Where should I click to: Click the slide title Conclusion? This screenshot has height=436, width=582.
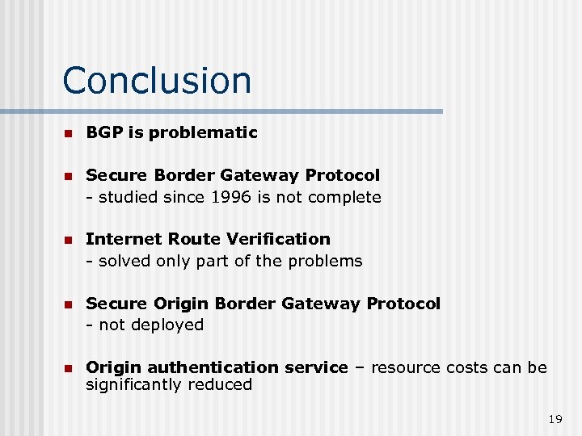[x=157, y=80]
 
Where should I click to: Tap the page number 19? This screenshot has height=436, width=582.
[x=555, y=418]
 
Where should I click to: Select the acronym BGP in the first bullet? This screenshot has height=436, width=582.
[x=102, y=132]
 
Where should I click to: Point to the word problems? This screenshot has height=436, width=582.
[x=324, y=261]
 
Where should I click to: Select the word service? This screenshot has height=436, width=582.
[x=318, y=367]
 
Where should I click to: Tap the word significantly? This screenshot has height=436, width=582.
[x=134, y=385]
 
